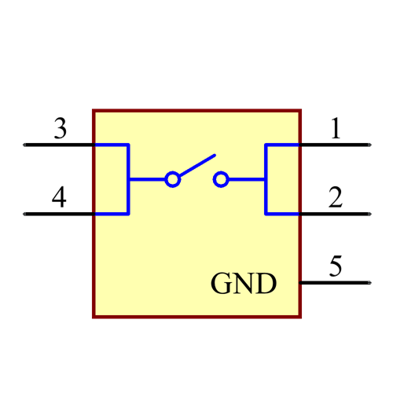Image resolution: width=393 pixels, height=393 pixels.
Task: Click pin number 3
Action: pos(60,128)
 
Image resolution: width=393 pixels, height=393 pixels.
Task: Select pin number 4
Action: pos(59,197)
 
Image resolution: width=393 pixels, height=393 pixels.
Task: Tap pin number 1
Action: pos(336,128)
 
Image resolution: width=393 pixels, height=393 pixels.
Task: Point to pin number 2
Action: pos(336,197)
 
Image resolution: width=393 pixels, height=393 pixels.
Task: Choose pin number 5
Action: pos(336,266)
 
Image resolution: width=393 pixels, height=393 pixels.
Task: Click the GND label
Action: pos(244,284)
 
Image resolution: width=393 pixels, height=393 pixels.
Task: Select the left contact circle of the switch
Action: pos(173,180)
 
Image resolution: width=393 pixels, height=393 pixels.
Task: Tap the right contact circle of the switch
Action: pos(221,180)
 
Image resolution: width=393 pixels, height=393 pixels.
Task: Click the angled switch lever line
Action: pos(196,165)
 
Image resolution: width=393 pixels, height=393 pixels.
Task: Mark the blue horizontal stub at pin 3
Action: pos(111,145)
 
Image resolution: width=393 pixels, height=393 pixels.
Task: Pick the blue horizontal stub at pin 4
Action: pos(111,213)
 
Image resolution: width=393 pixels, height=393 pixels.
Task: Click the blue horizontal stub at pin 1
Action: pos(283,145)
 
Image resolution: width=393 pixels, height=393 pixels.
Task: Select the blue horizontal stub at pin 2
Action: pos(283,213)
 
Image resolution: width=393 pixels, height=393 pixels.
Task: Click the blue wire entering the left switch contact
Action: pos(147,180)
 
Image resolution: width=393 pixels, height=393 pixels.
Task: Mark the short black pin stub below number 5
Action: pos(301,281)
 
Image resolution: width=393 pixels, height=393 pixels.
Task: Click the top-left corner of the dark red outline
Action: pos(94,111)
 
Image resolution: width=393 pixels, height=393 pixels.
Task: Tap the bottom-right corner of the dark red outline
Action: pos(300,316)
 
